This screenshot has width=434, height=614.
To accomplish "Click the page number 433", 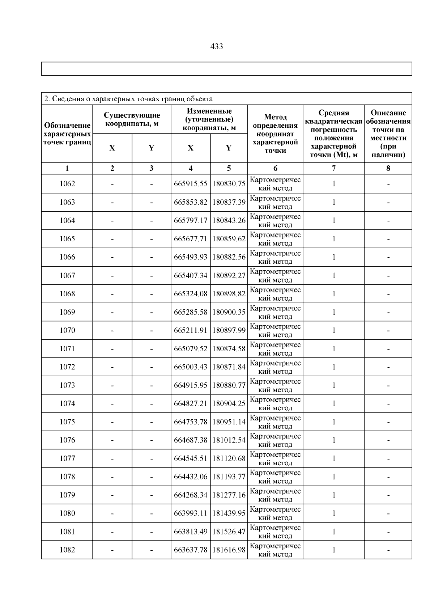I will pos(216,47).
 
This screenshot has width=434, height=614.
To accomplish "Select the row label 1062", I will pos(67,184).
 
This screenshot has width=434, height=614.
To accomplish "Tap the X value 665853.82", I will pos(191,202).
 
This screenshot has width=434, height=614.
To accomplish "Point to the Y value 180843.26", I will pos(229,220).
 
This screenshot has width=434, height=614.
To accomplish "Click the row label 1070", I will pos(67,330).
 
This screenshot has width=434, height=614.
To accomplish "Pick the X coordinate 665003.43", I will pos(191,367).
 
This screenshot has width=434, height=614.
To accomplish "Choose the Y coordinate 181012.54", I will pos(229,440).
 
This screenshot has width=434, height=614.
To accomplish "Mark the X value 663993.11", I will pos(191,513).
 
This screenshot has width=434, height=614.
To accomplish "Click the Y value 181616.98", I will pos(229,550).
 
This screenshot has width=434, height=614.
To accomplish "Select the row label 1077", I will pos(67,458).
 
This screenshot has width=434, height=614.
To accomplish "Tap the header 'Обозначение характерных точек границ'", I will pos(67,134).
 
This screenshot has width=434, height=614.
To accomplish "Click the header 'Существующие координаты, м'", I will pos(132,119).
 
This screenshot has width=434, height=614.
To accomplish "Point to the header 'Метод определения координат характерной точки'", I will pos(275,134).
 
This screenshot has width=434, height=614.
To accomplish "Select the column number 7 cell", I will pos(333,168).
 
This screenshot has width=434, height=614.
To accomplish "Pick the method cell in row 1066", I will pos(275,257).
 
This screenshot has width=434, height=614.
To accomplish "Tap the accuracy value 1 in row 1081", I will pos(333,532).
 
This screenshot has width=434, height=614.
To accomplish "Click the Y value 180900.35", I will pos(229,312).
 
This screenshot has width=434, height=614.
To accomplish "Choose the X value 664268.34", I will pos(191,495).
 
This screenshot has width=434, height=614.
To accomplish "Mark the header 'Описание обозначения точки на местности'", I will pos(388,134).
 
